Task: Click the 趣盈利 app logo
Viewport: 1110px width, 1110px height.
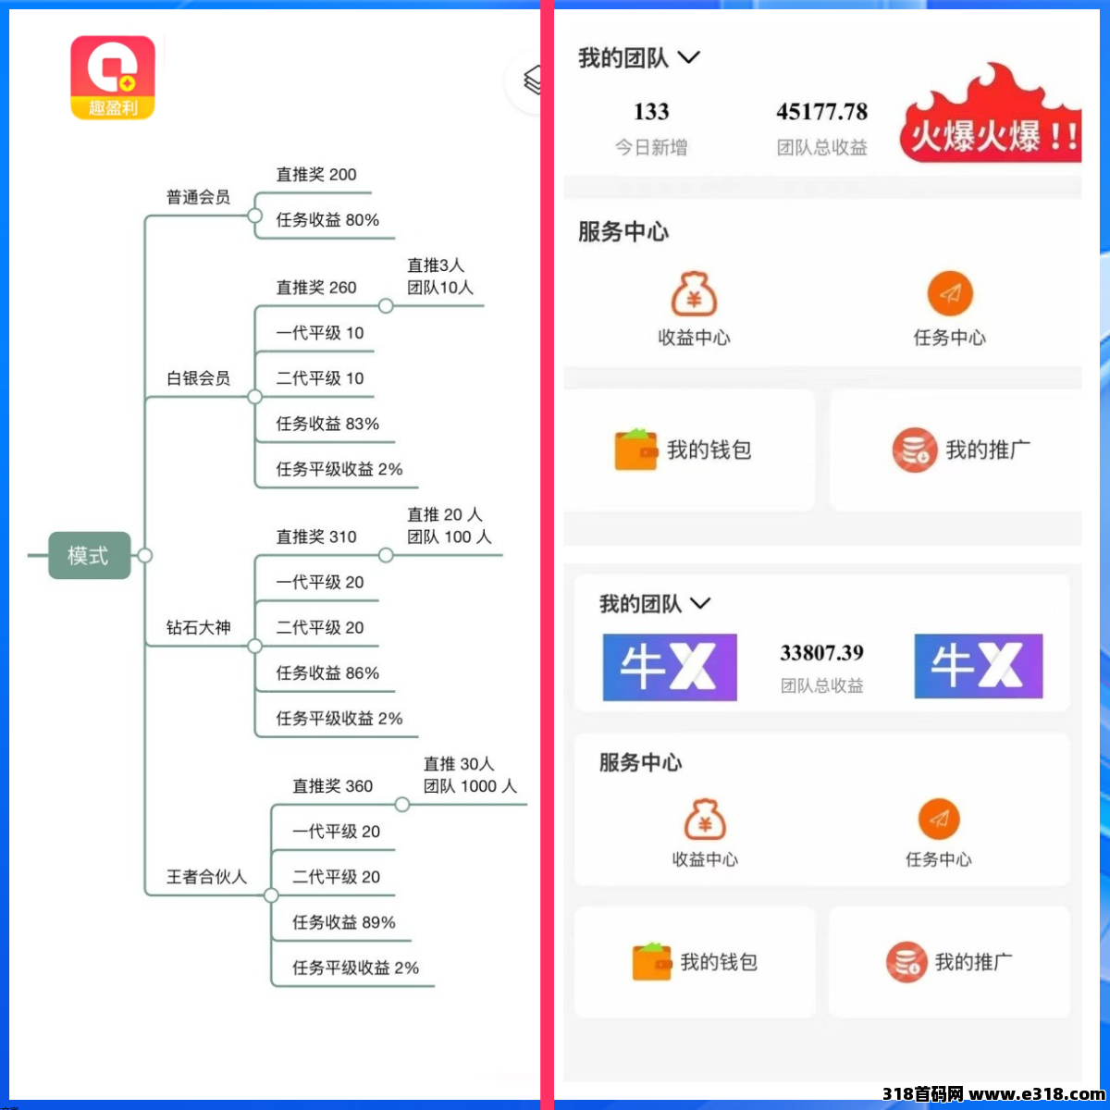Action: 113,78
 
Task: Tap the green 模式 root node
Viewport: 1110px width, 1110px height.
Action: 90,555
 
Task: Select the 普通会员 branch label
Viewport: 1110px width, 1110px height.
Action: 198,197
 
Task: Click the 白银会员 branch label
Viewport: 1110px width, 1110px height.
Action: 198,378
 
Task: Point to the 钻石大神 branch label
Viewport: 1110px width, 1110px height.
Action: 198,627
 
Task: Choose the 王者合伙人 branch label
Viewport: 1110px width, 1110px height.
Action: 206,877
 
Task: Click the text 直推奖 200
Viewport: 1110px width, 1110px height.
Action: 316,174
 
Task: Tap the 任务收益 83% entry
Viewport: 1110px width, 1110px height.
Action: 327,424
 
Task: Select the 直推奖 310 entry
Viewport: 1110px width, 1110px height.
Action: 316,536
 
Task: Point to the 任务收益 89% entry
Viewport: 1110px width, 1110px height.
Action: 344,922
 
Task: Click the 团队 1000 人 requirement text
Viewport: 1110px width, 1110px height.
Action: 470,785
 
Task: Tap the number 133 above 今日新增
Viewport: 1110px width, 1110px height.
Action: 651,112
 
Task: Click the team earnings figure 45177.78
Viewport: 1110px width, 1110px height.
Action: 821,112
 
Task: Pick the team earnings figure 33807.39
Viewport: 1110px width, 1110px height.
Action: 821,653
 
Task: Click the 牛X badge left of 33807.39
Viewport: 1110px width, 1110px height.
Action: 670,667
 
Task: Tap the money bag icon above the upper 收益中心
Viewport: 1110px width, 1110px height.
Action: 694,294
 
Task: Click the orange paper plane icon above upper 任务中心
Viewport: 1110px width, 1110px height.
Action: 950,294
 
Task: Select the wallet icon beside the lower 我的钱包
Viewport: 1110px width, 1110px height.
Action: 651,961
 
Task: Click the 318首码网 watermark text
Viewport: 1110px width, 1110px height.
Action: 922,1093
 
